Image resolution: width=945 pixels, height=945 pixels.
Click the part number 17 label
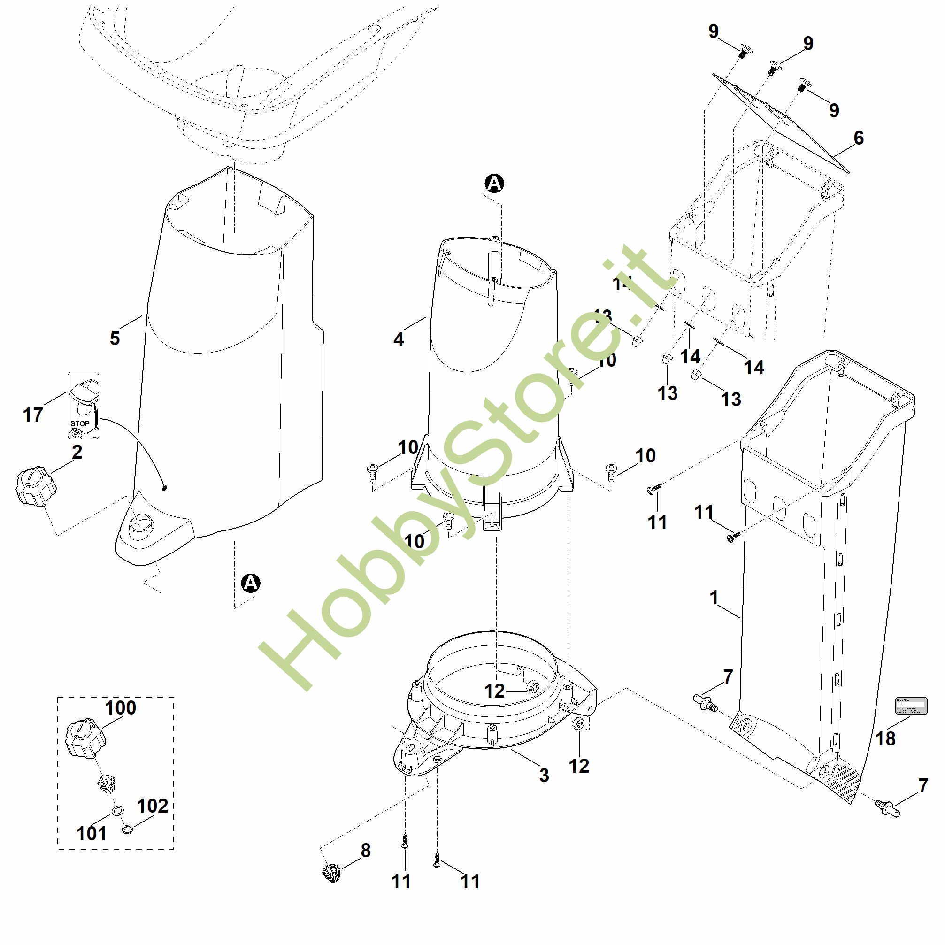tap(33, 415)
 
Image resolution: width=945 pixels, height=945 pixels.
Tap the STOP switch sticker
tap(83, 406)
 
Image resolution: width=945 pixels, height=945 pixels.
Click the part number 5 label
tap(115, 338)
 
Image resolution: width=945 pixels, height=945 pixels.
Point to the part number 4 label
tap(399, 339)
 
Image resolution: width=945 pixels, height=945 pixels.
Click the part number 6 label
tap(859, 138)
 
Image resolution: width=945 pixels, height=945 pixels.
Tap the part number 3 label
tap(544, 775)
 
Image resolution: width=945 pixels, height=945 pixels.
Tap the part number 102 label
tap(152, 806)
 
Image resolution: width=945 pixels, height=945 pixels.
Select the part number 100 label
tap(121, 707)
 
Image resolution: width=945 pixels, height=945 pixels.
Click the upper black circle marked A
tap(494, 184)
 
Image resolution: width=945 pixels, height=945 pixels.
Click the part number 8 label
tap(366, 850)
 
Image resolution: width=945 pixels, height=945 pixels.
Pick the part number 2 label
tap(77, 452)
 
